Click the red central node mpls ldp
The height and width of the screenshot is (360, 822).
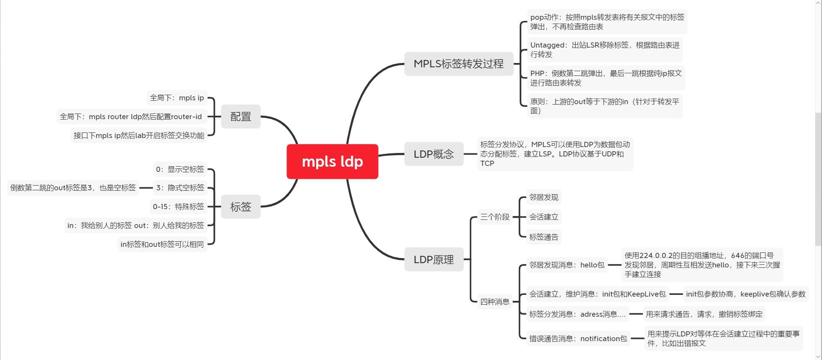point(332,162)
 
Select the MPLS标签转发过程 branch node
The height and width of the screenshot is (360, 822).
point(458,64)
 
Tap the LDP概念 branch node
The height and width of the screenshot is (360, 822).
point(433,154)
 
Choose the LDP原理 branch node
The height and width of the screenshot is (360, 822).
point(433,259)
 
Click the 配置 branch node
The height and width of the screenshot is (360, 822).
point(241,117)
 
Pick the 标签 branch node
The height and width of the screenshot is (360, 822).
point(241,207)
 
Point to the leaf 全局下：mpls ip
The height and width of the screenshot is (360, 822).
point(177,98)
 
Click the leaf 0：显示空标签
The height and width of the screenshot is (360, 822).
point(180,169)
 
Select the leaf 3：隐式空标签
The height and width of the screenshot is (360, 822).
point(180,188)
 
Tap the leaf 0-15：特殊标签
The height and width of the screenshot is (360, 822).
point(179,207)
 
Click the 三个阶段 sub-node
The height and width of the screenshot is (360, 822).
point(495,217)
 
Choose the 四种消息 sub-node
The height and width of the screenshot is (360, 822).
point(495,302)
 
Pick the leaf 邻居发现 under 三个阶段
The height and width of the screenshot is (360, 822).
point(544,197)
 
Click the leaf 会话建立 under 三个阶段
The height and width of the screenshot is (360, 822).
point(544,217)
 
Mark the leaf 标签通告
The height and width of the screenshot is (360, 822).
point(544,237)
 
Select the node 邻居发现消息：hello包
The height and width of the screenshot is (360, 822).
point(567,265)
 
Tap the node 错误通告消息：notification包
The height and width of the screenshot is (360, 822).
point(578,339)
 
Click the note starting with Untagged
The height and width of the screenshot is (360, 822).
point(604,50)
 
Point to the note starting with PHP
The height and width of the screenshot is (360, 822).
point(606,78)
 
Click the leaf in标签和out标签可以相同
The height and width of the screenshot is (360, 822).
point(162,244)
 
